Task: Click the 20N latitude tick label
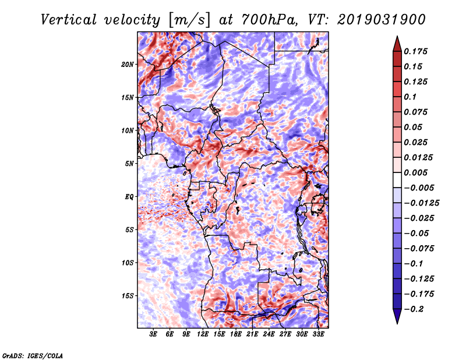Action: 128,65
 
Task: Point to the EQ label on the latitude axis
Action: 129,197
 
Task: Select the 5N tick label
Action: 129,164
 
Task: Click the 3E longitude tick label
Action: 153,334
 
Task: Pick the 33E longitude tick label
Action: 318,334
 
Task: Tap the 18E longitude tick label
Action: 236,334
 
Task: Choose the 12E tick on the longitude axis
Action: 203,334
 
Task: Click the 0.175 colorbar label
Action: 415,51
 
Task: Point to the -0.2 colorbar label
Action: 414,309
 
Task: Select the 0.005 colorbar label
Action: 415,172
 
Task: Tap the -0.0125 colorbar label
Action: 421,203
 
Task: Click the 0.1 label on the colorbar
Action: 410,97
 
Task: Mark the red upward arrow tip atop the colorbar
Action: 397,37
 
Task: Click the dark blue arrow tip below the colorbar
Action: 397,323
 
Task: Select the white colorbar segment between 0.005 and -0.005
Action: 397,180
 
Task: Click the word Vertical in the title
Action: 69,20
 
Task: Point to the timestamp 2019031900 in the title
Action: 382,20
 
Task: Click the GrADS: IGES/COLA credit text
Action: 33,355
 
